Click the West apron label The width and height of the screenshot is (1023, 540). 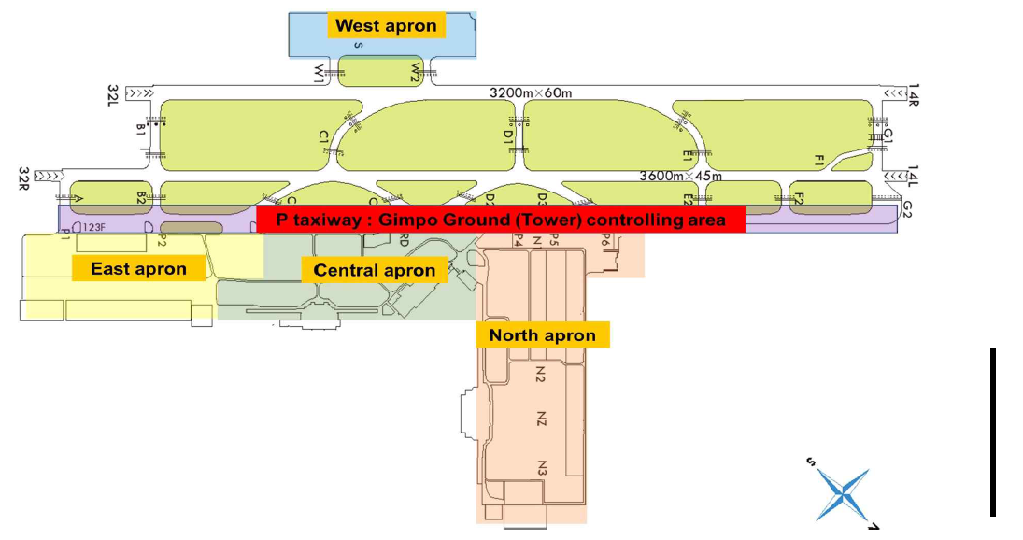tap(386, 26)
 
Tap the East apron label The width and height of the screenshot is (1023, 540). tap(138, 269)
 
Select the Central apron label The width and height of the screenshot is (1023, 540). tap(375, 270)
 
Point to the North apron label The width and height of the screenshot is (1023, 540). tap(543, 335)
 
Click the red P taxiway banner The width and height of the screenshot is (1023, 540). tap(501, 220)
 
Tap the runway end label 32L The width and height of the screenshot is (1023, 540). tap(112, 93)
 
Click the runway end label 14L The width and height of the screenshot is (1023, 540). tap(913, 176)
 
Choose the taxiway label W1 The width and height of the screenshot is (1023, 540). tap(320, 73)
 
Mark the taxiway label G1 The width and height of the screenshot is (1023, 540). tap(887, 136)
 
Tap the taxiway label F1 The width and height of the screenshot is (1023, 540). tap(819, 161)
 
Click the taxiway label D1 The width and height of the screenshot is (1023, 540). tap(508, 138)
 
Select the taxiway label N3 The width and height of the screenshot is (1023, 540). tap(541, 466)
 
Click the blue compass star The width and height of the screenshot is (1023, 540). tap(842, 493)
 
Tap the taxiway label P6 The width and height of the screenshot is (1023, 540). tap(604, 240)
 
